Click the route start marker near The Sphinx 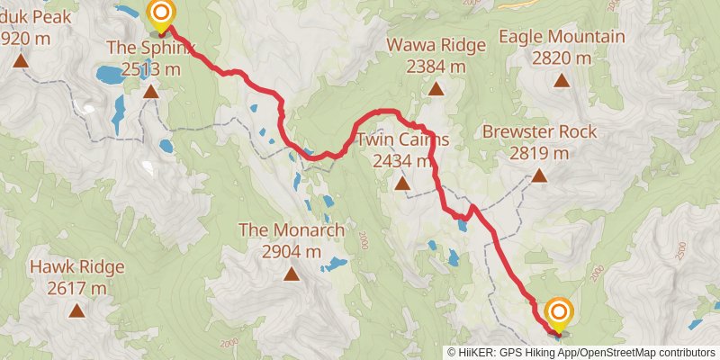(161, 13)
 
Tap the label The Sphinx (149, 46)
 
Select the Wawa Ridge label (435, 45)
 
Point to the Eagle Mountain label (562, 37)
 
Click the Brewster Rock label (539, 131)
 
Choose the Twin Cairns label (401, 140)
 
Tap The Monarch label (291, 230)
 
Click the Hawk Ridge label (76, 267)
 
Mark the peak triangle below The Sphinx (150, 91)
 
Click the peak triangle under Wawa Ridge (436, 88)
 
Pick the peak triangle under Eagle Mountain (562, 81)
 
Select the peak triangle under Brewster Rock (539, 175)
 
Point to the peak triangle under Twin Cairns (401, 184)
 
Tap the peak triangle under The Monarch (291, 274)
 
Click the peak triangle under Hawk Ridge (76, 311)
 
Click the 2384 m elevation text (435, 66)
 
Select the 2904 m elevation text (291, 252)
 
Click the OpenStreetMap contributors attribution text (646, 353)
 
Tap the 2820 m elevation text (562, 58)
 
